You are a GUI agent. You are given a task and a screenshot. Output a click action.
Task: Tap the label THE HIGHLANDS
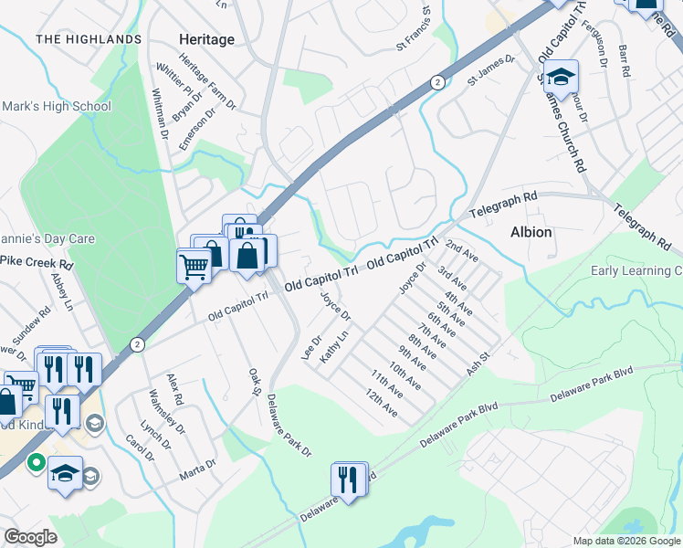tap(89, 39)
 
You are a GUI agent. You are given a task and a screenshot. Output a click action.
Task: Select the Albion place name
tap(531, 232)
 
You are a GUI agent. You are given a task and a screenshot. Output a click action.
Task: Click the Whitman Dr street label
tap(160, 113)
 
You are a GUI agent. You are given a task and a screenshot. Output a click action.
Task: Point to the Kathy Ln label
tap(337, 348)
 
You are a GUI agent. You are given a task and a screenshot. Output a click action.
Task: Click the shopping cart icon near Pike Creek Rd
tap(194, 265)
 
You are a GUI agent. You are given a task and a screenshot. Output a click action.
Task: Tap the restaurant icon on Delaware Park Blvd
tap(348, 478)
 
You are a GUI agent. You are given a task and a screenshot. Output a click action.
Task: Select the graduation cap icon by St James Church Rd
tap(562, 76)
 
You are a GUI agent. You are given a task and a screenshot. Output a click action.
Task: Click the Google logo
tap(31, 537)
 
